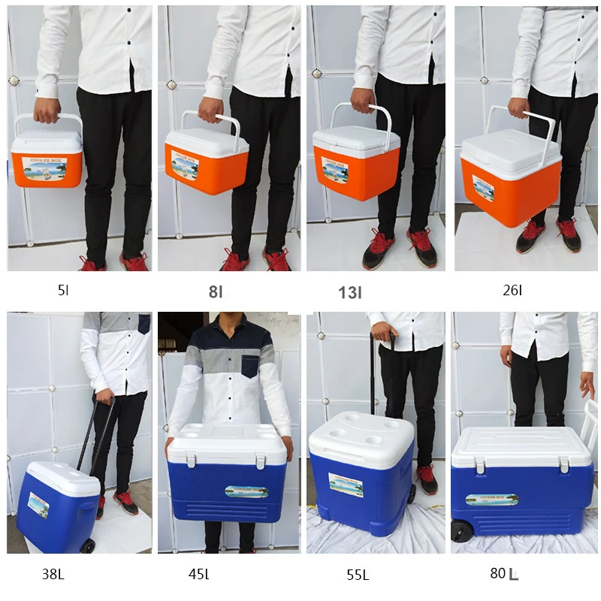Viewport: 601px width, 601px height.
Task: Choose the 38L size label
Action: (53, 575)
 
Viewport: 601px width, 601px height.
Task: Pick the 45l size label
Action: (198, 575)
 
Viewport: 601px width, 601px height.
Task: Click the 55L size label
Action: (358, 575)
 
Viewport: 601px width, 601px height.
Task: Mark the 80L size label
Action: (504, 574)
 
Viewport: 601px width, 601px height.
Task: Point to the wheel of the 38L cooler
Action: (88, 545)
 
